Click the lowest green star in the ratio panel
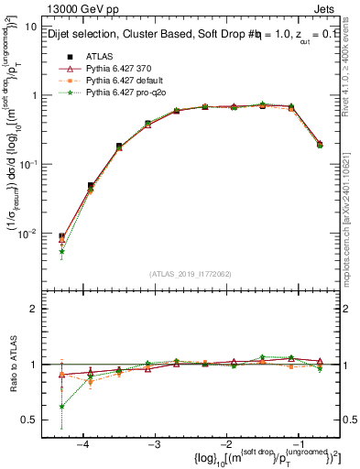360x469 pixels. (61, 406)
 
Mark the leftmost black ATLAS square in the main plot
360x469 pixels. (61, 236)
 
